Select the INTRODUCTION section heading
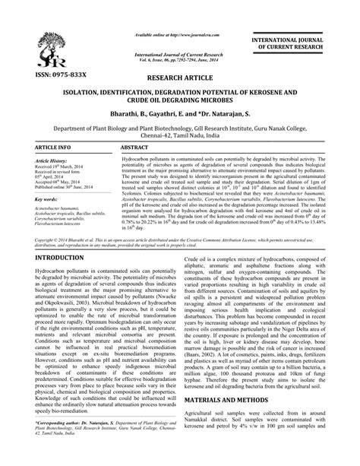pyautogui.click(x=45, y=238)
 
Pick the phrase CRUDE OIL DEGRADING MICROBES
pyautogui.click(x=180, y=100)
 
